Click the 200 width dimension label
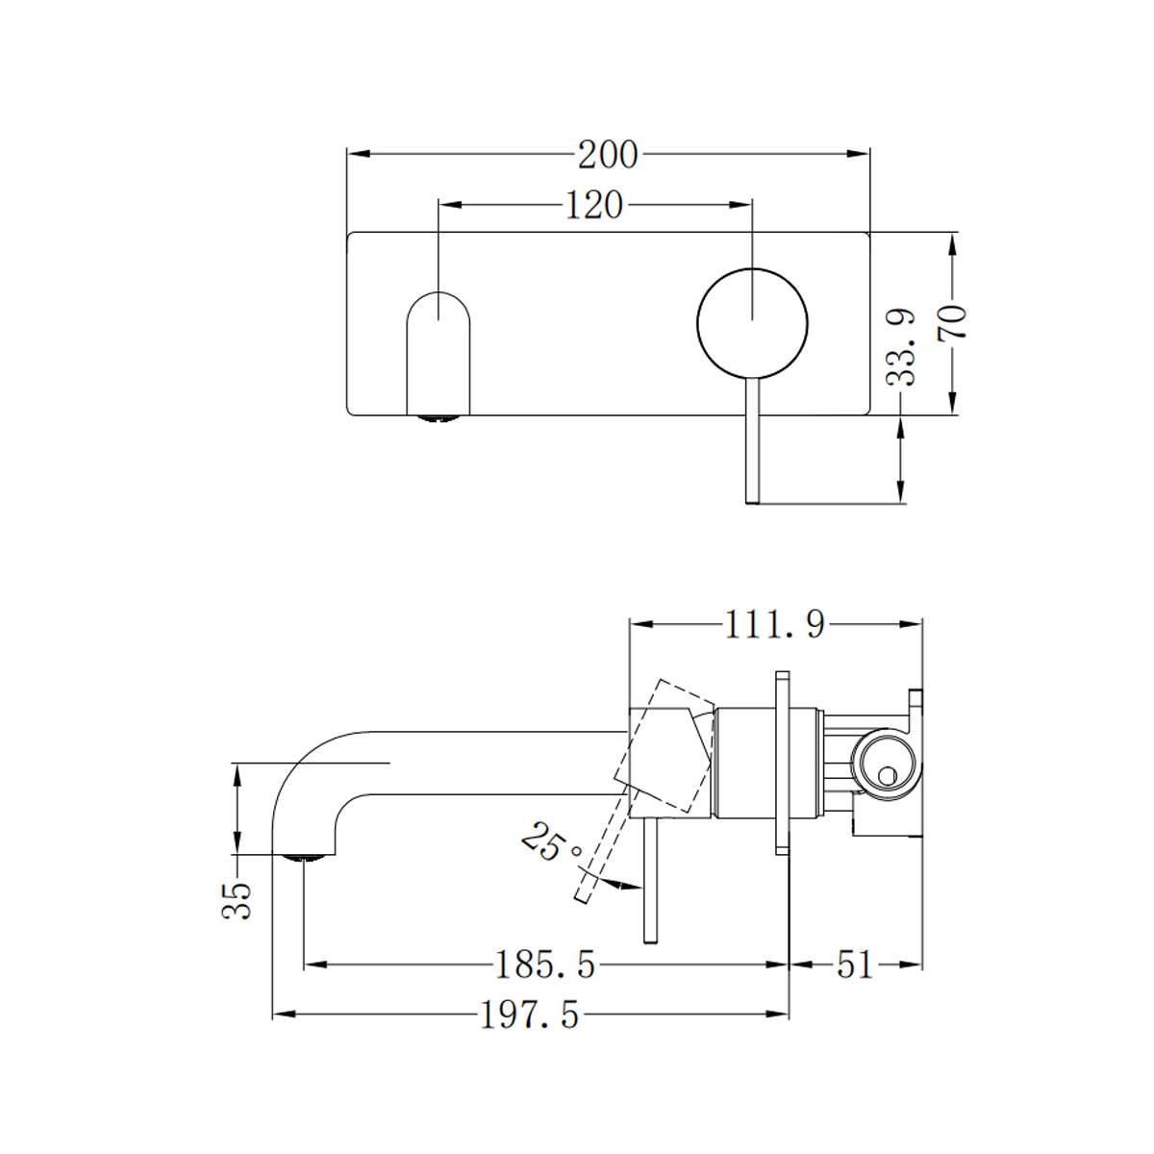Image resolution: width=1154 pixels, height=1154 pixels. click(607, 154)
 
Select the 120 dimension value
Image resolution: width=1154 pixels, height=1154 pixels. click(593, 205)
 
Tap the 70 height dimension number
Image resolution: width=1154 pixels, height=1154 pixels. click(952, 323)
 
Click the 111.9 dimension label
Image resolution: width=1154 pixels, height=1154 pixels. click(775, 625)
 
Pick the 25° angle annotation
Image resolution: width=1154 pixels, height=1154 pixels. click(551, 843)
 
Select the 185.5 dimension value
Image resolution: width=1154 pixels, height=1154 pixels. click(545, 964)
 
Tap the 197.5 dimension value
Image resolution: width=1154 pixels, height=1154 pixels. click(530, 1015)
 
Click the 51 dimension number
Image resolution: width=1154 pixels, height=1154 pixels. click(854, 964)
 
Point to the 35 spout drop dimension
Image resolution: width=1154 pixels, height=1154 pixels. click(238, 901)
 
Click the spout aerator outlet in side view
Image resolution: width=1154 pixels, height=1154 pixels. click(305, 855)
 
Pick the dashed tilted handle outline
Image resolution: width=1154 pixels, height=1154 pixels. click(664, 745)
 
